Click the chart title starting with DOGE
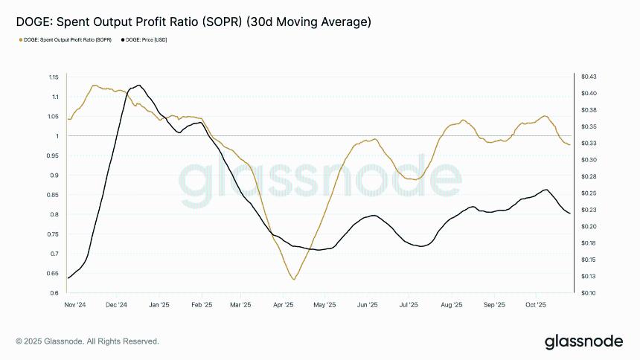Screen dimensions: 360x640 tap(193, 23)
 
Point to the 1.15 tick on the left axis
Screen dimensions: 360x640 tap(53, 77)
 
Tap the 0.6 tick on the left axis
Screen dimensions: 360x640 tap(55, 293)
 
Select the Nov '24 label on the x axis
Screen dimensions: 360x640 tap(75, 305)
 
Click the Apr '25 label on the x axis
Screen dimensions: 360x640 tap(284, 305)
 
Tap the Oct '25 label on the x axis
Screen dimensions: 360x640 tap(537, 305)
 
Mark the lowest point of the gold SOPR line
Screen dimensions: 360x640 tap(294, 280)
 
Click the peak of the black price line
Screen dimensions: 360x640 tap(138, 85)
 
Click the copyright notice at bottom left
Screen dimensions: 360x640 tap(87, 341)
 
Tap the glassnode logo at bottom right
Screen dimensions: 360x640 tap(584, 341)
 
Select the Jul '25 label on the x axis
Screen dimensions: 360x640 tap(409, 305)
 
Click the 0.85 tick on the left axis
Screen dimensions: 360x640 tap(53, 195)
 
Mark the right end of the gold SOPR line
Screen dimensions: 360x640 tap(570, 144)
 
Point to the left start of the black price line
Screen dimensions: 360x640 tap(68, 278)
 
